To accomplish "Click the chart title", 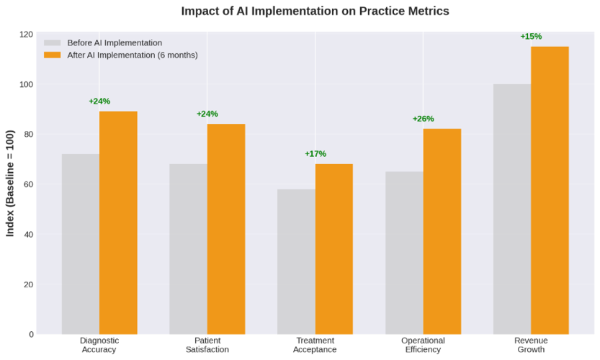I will (315, 11).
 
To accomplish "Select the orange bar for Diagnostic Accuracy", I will (118, 222).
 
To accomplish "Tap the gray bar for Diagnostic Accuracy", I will (81, 244).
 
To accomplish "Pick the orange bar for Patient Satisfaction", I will (226, 229).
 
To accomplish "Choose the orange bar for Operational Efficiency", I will (442, 231).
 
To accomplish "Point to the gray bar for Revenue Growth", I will (512, 209).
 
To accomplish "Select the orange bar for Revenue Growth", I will (550, 190).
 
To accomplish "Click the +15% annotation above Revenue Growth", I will (531, 37).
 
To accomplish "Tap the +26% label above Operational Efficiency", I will (423, 119).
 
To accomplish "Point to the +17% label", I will (315, 154).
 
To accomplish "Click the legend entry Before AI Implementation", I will (115, 42).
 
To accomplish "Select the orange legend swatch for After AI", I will (52, 55).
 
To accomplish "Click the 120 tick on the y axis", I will (26, 35).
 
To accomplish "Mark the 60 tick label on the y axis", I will (28, 184).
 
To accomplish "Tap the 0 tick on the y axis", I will (31, 334).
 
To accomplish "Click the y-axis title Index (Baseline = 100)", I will (10, 184).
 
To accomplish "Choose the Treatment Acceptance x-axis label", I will (315, 345).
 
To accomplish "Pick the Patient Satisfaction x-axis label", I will (207, 345).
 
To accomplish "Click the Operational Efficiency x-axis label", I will (423, 345).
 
